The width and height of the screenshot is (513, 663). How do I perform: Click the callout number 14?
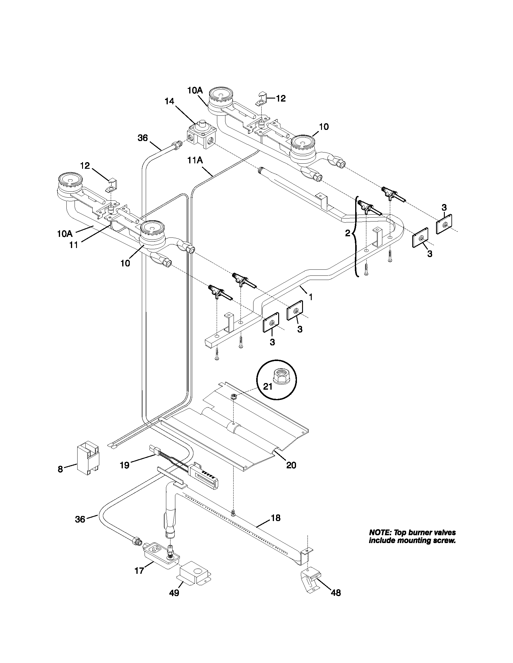coord(170,101)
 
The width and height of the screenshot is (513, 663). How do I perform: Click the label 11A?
coord(195,160)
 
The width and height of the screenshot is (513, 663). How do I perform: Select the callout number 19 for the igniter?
coord(125,465)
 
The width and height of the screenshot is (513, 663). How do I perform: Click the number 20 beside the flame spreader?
coord(291,465)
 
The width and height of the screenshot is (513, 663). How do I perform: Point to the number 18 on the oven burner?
coord(275,517)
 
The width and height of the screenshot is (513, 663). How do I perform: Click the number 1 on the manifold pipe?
coord(311,297)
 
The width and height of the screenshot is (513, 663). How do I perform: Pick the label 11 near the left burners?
coord(74,245)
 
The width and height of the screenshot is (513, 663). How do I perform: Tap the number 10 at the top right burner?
coord(324,127)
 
